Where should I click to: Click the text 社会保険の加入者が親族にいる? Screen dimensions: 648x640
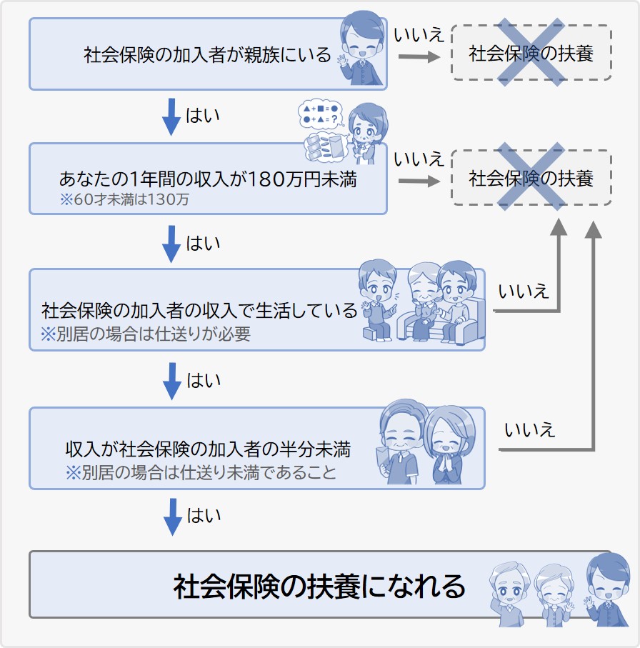(x=207, y=55)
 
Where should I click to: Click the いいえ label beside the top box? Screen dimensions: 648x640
(x=419, y=34)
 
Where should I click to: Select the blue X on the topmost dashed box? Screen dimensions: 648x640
(x=531, y=54)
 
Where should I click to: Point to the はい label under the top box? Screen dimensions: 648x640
(x=203, y=115)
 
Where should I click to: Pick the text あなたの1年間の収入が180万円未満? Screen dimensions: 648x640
(x=207, y=179)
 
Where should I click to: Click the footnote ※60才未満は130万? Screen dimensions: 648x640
(x=124, y=199)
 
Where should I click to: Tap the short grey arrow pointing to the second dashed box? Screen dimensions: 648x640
(x=419, y=181)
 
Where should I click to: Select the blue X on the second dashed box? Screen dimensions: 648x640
(x=531, y=177)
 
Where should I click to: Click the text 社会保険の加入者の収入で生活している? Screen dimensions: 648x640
(x=199, y=311)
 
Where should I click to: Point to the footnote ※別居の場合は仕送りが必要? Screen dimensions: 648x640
(x=146, y=334)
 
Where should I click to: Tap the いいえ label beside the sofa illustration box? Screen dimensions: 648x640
(x=524, y=291)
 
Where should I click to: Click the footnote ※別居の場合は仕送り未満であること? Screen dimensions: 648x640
(x=201, y=472)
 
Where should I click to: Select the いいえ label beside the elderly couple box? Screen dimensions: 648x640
(x=529, y=429)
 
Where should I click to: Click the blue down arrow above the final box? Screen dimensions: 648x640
(x=172, y=517)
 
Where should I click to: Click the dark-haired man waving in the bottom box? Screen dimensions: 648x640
(x=602, y=589)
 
